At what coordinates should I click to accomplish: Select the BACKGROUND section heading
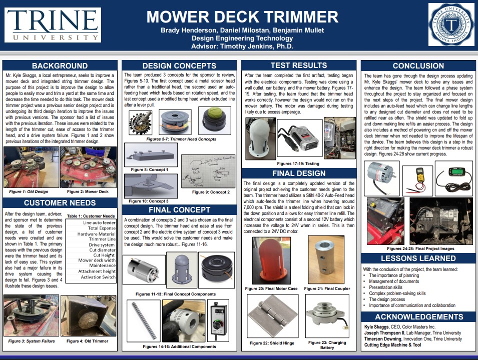pos(60,66)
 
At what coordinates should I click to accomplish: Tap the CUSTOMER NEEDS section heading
pos(60,202)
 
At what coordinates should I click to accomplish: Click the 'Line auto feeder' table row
pos(99,222)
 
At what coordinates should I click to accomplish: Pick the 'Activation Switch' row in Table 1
pos(98,277)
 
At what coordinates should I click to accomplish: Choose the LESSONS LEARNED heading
pos(418,258)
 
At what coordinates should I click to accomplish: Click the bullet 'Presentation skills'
pos(385,287)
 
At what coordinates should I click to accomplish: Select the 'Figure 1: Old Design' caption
pos(29,191)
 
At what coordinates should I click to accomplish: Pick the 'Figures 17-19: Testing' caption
pos(298,163)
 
